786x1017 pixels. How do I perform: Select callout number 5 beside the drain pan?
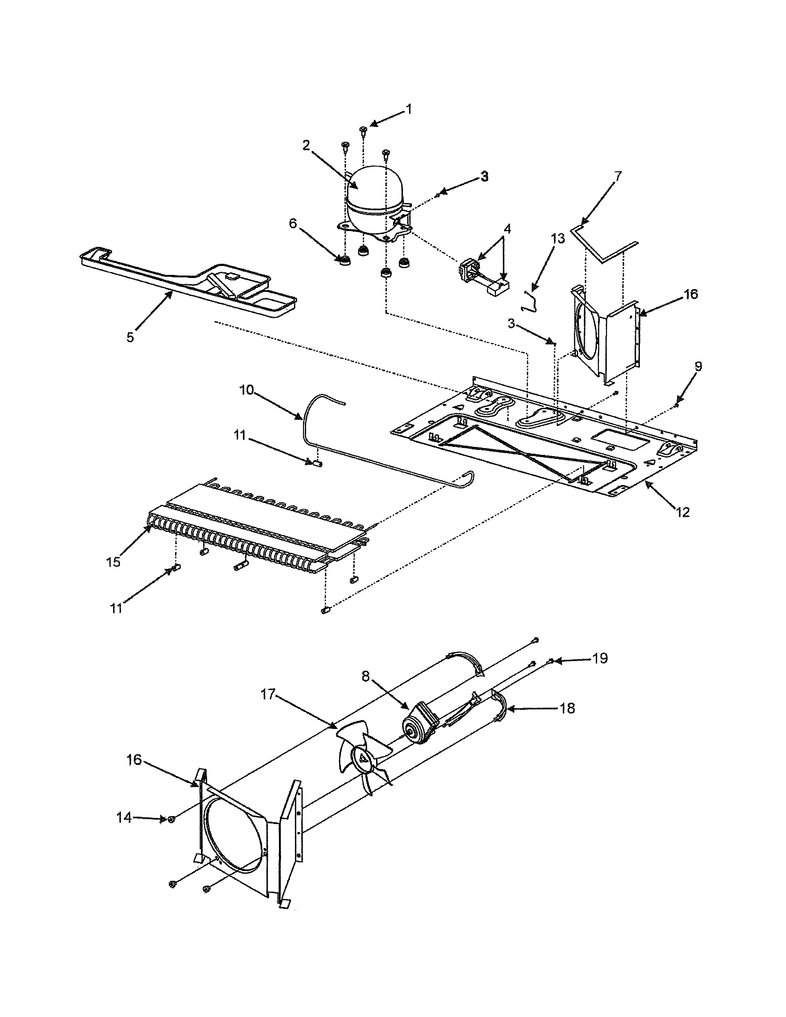click(130, 337)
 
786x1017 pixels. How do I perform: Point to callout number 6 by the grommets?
click(293, 223)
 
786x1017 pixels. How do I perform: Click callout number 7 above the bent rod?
click(617, 177)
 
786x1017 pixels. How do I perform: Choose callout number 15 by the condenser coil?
click(113, 562)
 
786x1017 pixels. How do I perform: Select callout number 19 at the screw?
click(600, 659)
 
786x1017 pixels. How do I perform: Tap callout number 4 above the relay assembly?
click(507, 229)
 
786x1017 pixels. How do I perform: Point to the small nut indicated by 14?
click(171, 819)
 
